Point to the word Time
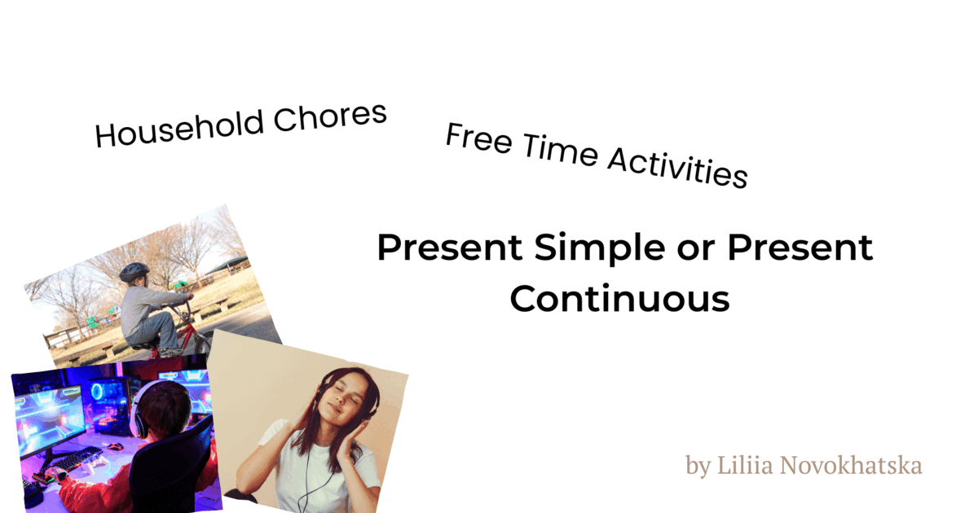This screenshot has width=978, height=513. click(553, 151)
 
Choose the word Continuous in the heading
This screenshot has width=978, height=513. click(619, 299)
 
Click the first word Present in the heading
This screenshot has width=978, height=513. click(451, 248)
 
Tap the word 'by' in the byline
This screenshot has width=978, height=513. click(698, 467)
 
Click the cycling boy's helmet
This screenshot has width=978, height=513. click(134, 271)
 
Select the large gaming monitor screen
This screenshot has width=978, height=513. click(51, 415)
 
